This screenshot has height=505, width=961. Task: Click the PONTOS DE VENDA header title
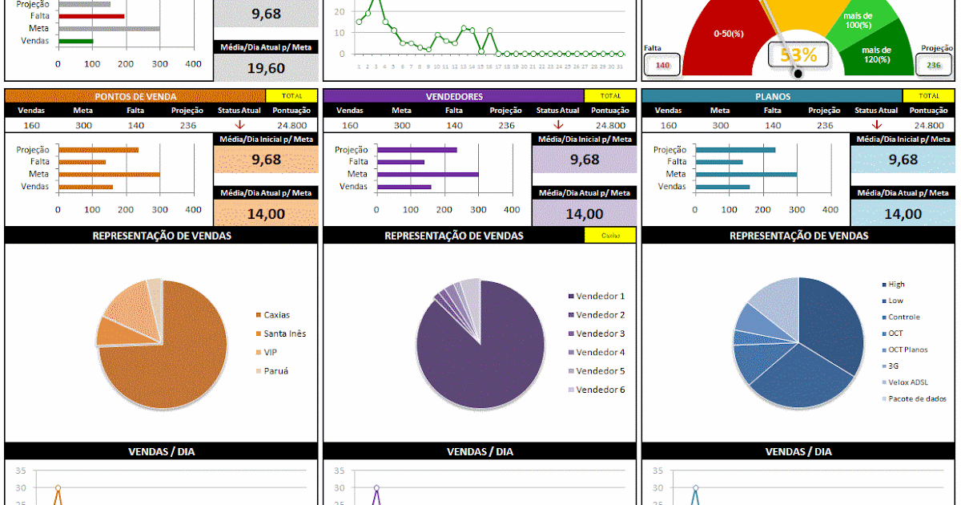(x=136, y=96)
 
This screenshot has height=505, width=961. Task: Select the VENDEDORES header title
(x=454, y=96)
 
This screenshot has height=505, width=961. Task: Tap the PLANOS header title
(x=772, y=96)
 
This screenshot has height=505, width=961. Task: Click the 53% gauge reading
(x=798, y=55)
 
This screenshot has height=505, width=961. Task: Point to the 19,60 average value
(x=266, y=68)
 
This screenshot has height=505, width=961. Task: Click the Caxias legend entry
(x=276, y=315)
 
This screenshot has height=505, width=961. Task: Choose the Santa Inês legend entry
(x=284, y=333)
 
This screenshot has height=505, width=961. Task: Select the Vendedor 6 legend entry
(x=600, y=390)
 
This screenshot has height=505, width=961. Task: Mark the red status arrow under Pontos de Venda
(x=239, y=125)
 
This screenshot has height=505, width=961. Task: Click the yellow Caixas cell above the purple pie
(x=610, y=236)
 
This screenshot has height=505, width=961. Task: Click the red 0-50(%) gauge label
(x=729, y=34)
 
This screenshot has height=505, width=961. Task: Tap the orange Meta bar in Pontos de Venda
(x=109, y=174)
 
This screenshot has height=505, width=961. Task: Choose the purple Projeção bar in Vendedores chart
(x=417, y=150)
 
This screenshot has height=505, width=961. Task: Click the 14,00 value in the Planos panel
(x=903, y=214)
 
